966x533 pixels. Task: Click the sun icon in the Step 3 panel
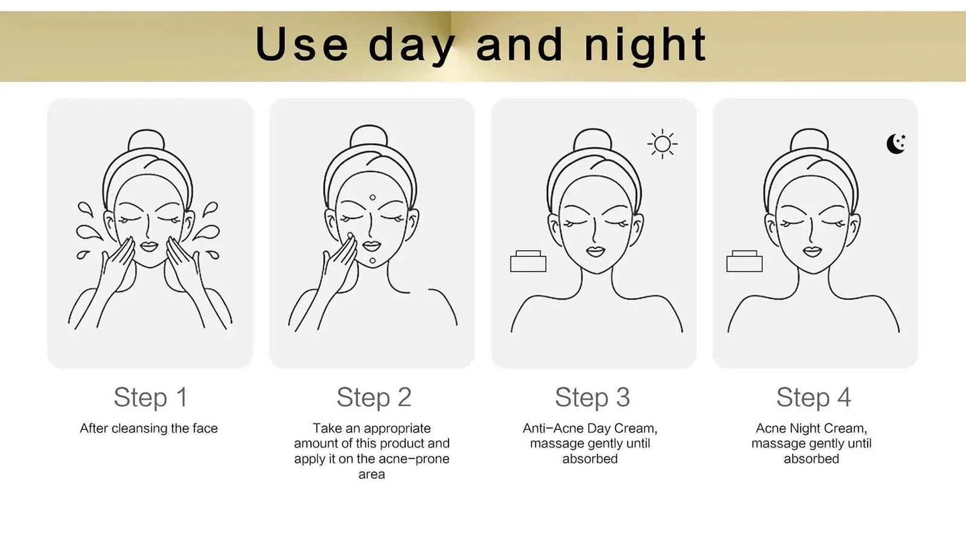(662, 144)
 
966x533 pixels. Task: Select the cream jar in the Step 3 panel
(528, 261)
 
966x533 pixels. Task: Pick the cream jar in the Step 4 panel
(744, 261)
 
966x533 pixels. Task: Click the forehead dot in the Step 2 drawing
(372, 198)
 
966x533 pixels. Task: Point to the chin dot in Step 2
(372, 261)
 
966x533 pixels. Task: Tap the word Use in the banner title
(301, 44)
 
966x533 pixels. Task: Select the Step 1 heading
(150, 397)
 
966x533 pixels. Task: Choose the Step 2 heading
(374, 397)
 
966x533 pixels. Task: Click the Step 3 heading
(592, 397)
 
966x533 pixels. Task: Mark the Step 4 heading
(814, 397)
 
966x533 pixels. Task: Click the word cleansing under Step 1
(139, 429)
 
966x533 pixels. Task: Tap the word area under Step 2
(372, 474)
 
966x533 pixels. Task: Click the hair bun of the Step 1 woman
(146, 139)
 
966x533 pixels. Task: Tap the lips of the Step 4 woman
(812, 251)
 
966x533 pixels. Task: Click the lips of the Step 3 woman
(596, 251)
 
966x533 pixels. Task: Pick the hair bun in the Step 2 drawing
(369, 135)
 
